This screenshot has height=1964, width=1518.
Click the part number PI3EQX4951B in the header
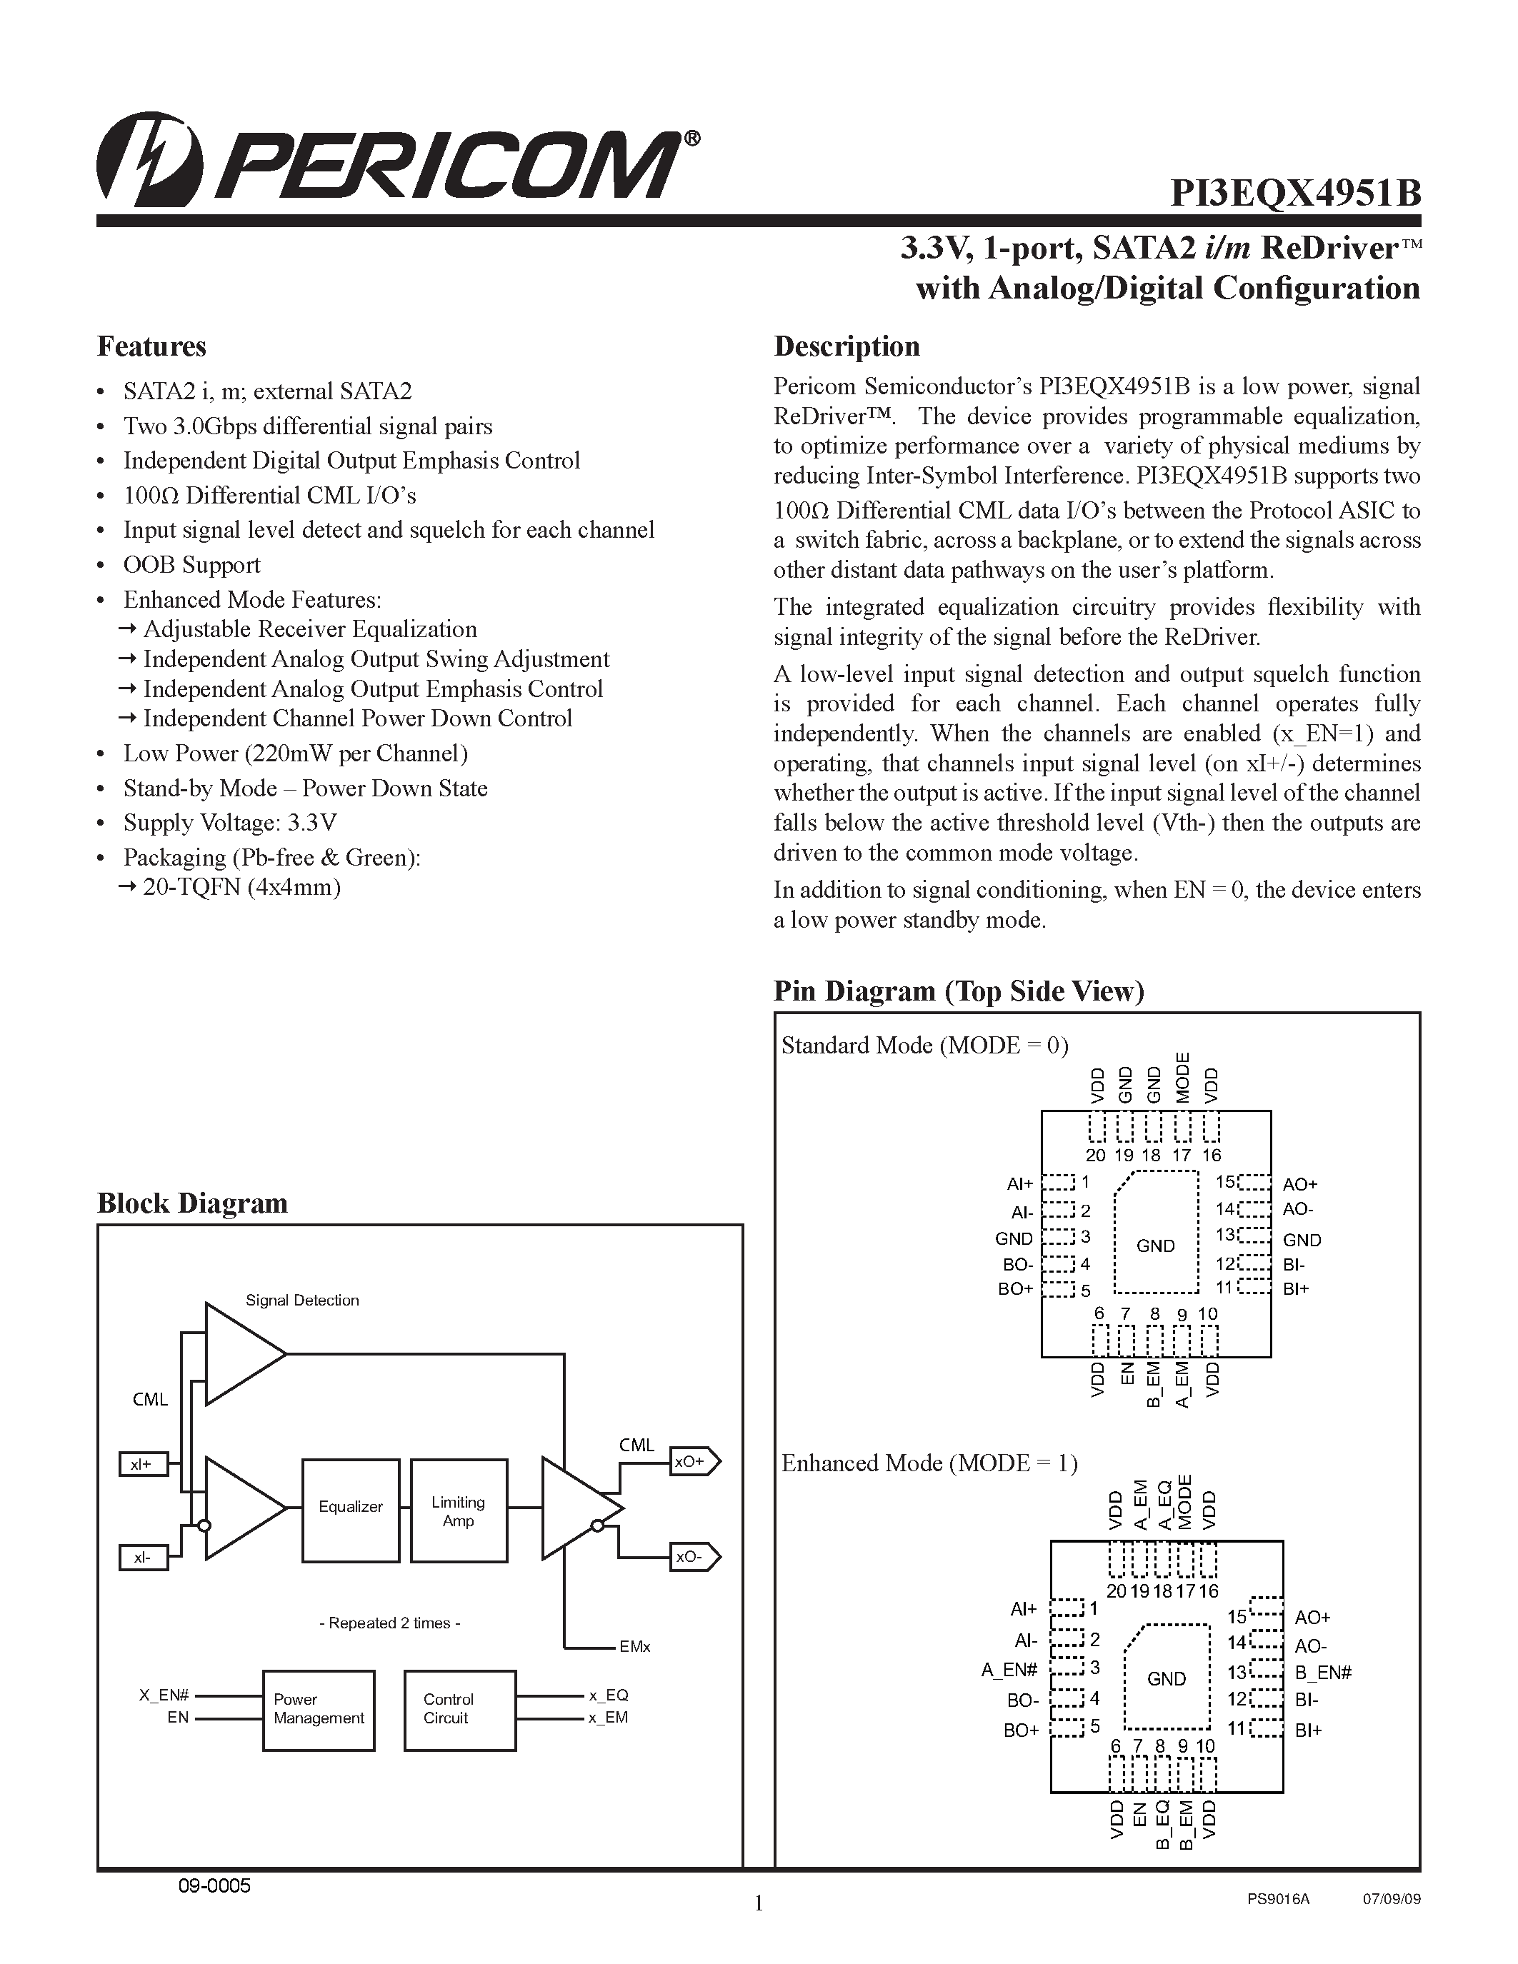(1295, 194)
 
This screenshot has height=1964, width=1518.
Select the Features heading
(151, 346)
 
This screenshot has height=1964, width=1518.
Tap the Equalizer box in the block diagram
(351, 1506)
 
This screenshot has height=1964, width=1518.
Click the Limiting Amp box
(459, 1510)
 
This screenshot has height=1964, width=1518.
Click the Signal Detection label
(302, 1301)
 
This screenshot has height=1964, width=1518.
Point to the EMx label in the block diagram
(634, 1647)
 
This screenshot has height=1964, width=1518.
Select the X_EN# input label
(164, 1695)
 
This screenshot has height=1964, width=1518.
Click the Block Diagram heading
(192, 1203)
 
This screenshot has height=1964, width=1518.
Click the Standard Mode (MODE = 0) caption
(925, 1045)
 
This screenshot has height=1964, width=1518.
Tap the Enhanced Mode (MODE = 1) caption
(929, 1463)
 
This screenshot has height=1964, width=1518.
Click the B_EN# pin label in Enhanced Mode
(1323, 1673)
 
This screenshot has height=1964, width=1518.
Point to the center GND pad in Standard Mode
(1156, 1246)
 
